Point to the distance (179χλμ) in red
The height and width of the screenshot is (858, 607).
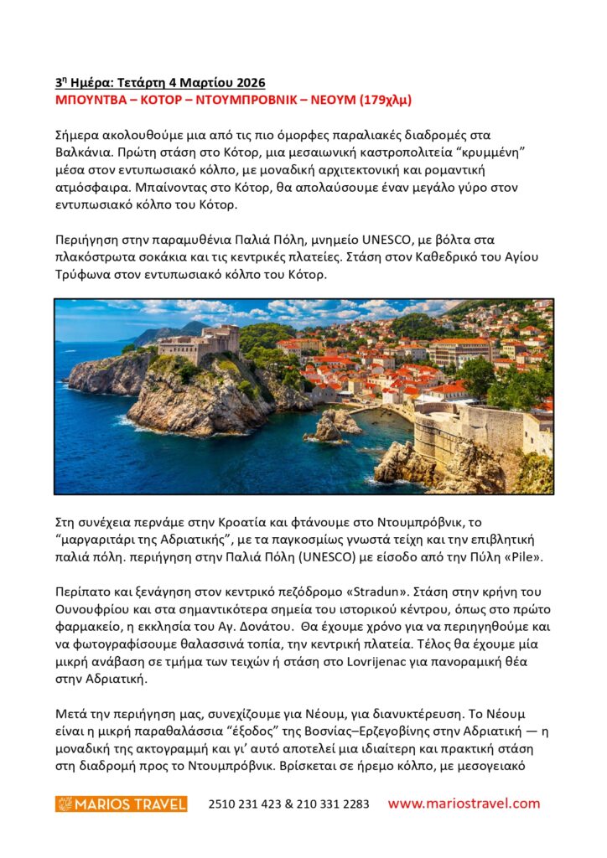385,101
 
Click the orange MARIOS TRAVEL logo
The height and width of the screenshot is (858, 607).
121,804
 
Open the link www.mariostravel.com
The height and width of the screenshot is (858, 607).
464,803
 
